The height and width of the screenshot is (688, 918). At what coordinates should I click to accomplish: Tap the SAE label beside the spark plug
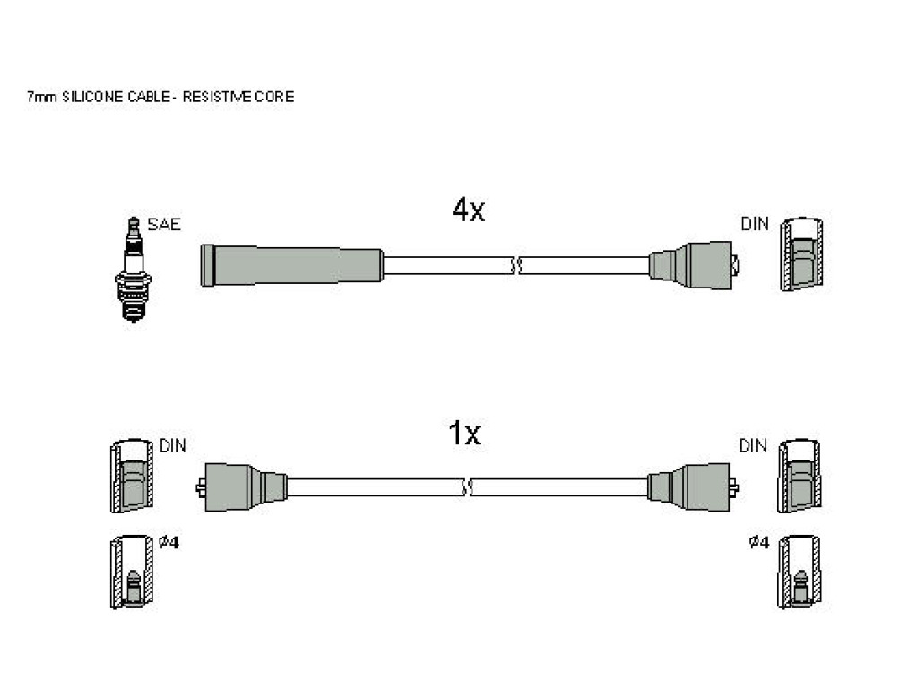pos(164,224)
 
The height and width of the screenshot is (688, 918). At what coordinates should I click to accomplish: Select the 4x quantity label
pos(468,210)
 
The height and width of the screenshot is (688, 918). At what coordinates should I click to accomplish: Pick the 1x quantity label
pos(463,434)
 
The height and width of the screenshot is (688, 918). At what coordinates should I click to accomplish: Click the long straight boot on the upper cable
pos(291,265)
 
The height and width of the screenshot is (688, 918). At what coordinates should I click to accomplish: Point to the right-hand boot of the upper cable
pos(694,265)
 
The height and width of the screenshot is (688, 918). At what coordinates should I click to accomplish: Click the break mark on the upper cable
pos(516,265)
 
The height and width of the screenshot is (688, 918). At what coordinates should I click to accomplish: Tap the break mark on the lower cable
pos(467,487)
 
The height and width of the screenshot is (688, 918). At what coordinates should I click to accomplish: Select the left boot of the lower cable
pos(241,486)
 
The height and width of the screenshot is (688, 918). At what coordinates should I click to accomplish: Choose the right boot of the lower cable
pos(693,486)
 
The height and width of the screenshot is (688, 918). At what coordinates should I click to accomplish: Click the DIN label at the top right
pos(755,223)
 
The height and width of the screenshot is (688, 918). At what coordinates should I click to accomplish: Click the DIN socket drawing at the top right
pos(801,254)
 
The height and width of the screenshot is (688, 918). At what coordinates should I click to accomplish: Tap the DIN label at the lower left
pos(173,446)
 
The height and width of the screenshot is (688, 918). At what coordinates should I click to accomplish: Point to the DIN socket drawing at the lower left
pos(132,477)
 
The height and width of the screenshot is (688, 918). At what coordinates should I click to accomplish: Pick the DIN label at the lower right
pos(753,446)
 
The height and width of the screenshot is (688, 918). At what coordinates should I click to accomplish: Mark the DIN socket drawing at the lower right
pos(800,477)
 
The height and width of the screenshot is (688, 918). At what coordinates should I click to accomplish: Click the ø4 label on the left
pos(169,542)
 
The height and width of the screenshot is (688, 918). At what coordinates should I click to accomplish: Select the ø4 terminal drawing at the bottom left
pos(132,572)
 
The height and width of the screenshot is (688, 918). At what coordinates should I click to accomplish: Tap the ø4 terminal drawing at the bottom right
pos(800,572)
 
